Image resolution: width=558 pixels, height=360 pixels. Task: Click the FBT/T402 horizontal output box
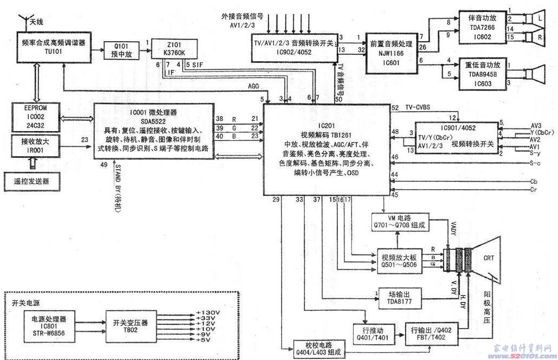431,331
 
